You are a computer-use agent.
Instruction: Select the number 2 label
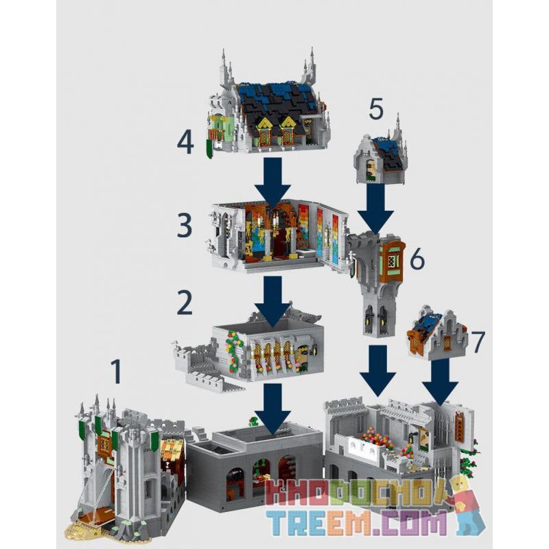[184, 303]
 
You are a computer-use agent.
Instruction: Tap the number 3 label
[184, 226]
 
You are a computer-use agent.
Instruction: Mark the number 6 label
[419, 259]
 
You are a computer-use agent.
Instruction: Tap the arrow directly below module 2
[273, 408]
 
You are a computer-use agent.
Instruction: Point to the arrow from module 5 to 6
[374, 209]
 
